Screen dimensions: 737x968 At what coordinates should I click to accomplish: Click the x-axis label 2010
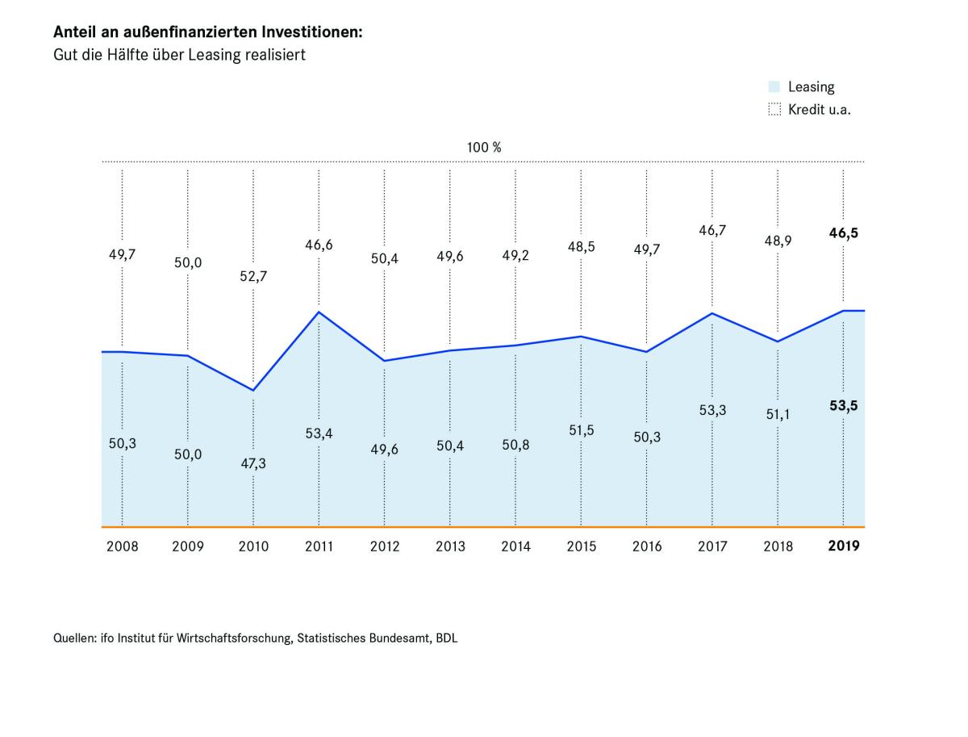253,546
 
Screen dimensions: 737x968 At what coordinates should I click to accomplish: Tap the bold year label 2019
844,546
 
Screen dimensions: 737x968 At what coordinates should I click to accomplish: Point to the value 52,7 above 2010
253,276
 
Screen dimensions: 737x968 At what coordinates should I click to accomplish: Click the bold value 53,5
844,406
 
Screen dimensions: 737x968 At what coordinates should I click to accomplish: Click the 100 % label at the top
484,148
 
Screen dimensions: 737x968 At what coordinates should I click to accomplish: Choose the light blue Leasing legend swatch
774,87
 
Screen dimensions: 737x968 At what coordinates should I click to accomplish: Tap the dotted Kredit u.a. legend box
774,110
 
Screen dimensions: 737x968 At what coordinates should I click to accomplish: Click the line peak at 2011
319,312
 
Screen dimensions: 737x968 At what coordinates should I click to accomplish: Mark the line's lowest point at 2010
253,391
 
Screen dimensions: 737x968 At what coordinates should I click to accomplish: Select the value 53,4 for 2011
319,433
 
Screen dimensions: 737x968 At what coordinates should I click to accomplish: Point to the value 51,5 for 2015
582,430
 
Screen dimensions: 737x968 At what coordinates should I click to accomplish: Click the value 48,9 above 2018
778,241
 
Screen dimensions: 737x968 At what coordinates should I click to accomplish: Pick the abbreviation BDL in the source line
445,638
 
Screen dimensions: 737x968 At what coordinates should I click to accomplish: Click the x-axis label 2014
515,546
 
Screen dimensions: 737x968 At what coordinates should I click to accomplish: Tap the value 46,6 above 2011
319,245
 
